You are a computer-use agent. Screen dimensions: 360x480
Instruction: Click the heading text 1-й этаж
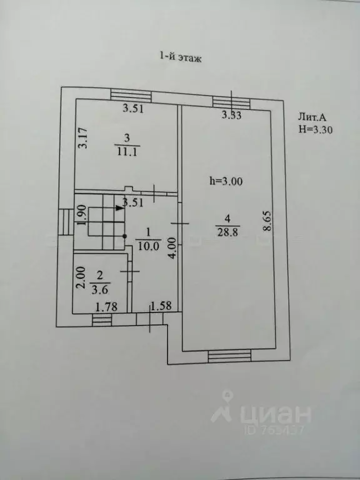(180, 57)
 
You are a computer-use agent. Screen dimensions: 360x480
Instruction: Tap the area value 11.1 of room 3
(127, 151)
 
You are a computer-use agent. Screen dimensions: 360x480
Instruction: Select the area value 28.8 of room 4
(227, 232)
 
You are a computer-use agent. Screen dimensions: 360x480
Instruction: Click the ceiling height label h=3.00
(226, 181)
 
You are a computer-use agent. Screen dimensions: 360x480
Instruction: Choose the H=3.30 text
(316, 130)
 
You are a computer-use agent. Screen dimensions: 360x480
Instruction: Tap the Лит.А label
(312, 117)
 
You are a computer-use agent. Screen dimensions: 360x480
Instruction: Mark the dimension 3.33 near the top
(231, 116)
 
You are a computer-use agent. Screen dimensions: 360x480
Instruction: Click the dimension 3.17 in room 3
(82, 138)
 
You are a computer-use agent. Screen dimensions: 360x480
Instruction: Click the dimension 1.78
(106, 307)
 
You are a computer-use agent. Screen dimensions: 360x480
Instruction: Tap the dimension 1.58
(161, 306)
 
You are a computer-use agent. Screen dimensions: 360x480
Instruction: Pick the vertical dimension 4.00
(173, 248)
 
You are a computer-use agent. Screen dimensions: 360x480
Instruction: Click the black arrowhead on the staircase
(119, 208)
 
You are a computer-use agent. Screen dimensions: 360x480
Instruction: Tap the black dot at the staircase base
(124, 236)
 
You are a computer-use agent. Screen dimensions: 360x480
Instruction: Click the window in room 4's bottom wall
(229, 356)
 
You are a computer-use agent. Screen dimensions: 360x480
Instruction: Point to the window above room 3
(131, 95)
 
